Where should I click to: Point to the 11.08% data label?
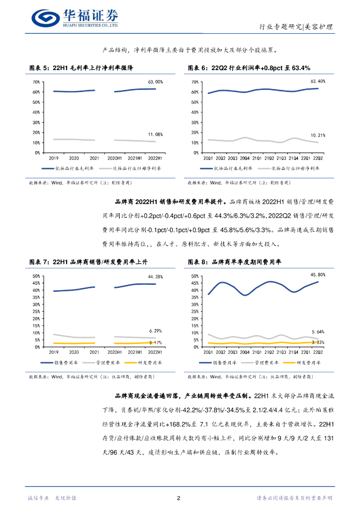(x=155, y=135)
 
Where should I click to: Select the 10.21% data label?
(x=318, y=135)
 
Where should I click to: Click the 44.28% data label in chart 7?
(x=155, y=276)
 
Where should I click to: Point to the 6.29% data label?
(x=155, y=331)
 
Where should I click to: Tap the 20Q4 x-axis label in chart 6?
(x=245, y=158)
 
